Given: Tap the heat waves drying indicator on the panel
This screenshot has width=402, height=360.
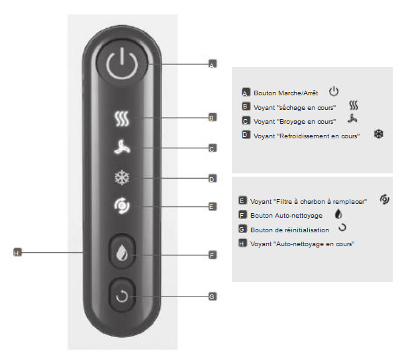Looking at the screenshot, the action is point(122,118).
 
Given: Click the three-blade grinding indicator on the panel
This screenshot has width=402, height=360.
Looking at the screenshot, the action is point(122,148).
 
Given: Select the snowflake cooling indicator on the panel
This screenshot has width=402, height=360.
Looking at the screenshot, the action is point(122,177).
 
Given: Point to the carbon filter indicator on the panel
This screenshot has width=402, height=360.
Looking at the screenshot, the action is point(122,206).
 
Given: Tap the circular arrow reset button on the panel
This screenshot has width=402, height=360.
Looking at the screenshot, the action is point(122,295).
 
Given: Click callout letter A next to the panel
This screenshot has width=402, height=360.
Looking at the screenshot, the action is point(213,64).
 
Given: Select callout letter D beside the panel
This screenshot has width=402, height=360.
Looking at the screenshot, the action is point(213,179).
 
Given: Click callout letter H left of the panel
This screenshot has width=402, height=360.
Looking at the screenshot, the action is point(17,252).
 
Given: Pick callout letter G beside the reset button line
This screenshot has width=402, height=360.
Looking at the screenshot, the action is point(213,296).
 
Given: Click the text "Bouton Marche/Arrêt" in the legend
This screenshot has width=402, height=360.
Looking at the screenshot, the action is point(285,93).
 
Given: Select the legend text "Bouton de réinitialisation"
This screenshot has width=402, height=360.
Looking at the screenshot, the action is point(289,230).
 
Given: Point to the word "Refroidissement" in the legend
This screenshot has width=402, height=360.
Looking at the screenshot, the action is point(304,136).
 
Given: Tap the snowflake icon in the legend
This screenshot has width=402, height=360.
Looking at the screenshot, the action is point(378,134).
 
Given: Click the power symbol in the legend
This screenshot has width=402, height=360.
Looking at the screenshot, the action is point(334,91).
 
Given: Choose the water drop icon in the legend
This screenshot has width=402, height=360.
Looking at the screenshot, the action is point(338,214).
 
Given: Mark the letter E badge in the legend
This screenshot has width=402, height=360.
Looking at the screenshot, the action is point(242,201).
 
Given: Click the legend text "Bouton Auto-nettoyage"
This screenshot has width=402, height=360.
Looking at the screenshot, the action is point(286,216).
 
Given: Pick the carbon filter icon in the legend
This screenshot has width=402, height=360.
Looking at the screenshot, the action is point(385,199).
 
